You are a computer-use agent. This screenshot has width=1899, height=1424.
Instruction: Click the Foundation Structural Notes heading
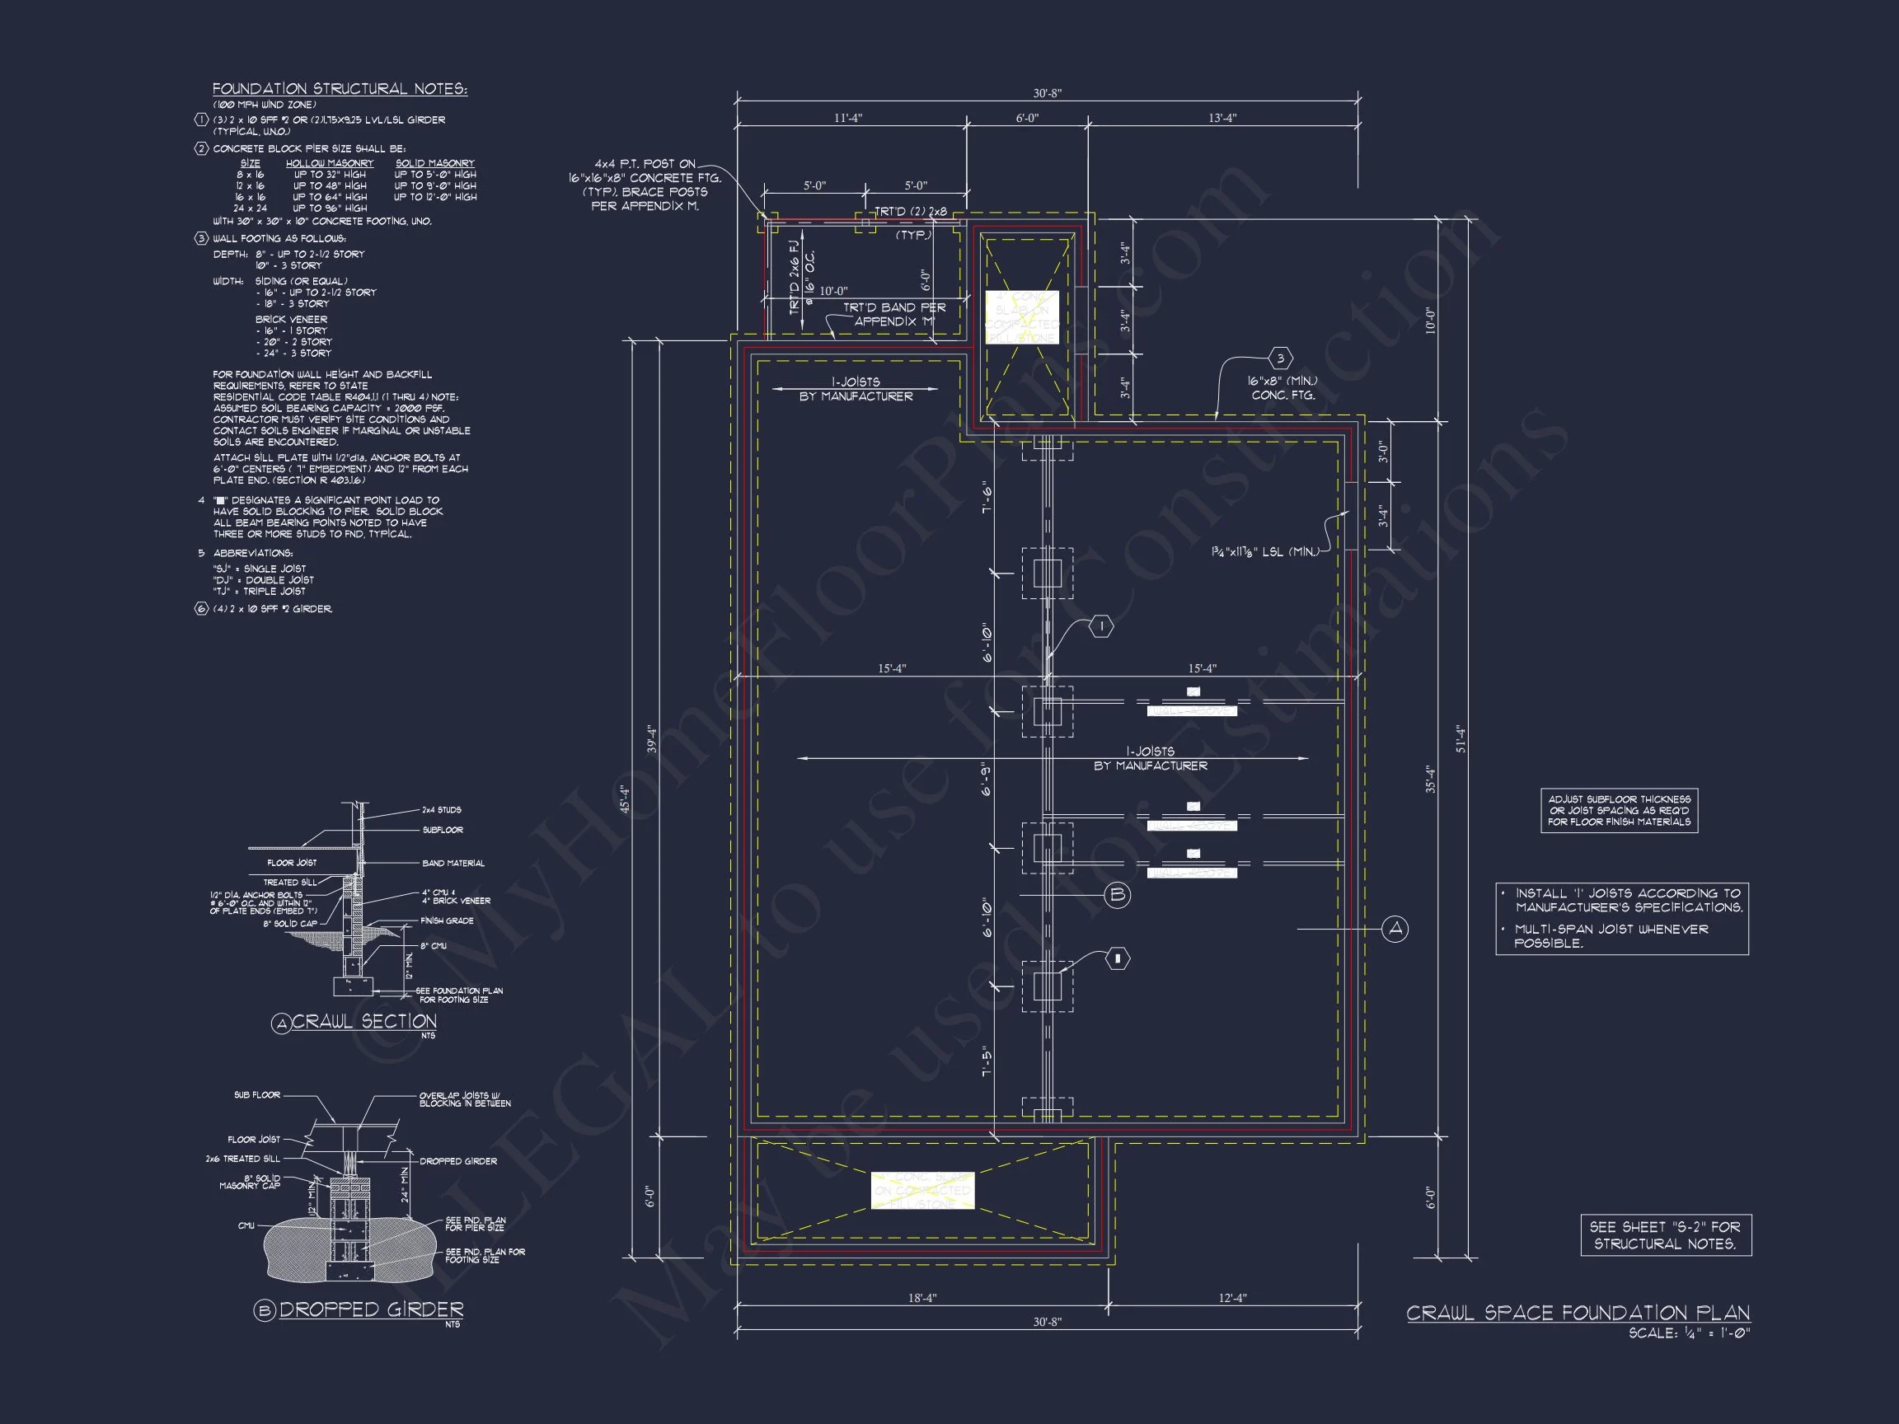pos(340,89)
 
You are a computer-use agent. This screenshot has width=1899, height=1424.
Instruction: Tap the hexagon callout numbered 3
pos(1280,358)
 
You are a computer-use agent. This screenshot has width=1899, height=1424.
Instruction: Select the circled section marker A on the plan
pos(1395,929)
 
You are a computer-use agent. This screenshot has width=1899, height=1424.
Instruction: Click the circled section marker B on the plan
pos(1117,895)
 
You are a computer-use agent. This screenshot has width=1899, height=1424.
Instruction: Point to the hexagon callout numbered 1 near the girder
pos(1101,627)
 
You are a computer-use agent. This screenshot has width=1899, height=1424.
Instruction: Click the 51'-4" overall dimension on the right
pos(1461,739)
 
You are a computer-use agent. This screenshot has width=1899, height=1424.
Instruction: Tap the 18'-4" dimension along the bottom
pos(922,1298)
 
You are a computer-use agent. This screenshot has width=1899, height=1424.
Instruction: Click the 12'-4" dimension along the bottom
pos(1232,1298)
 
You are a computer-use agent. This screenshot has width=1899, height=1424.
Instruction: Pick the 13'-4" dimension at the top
pos(1222,118)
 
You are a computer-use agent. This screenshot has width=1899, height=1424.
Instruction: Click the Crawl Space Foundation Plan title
pos(1578,1314)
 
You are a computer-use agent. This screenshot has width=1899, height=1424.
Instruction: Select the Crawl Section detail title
pos(364,1021)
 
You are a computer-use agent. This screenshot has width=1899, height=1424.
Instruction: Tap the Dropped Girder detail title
pos(371,1309)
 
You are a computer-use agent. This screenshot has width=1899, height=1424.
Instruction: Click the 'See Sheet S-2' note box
pos(1666,1235)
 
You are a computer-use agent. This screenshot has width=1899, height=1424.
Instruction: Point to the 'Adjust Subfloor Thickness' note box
pos(1619,810)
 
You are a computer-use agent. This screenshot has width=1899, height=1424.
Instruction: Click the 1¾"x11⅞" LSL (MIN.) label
pos(1264,552)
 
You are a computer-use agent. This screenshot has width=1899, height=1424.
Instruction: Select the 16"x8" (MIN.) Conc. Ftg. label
pos(1282,388)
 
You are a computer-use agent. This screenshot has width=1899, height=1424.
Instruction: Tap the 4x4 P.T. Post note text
pos(645,185)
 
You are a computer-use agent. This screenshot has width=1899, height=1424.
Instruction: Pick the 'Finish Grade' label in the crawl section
pos(447,920)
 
